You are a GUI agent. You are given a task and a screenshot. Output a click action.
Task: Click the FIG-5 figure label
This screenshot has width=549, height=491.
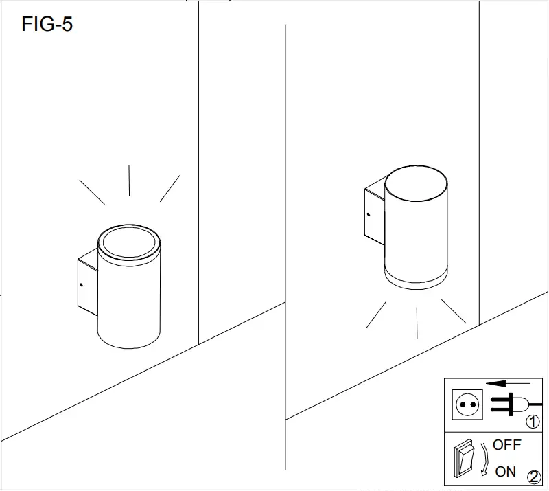(x=47, y=25)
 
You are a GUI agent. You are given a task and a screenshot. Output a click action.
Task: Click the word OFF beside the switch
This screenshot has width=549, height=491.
(x=507, y=445)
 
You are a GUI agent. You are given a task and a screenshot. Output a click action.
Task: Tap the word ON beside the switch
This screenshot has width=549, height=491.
(x=506, y=471)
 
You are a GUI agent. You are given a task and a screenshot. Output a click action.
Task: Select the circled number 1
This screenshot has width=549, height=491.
(x=533, y=421)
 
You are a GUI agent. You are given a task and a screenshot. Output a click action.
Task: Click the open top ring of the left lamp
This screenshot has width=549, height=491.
(x=130, y=243)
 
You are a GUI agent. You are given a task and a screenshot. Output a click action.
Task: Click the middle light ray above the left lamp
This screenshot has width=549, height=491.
(x=130, y=181)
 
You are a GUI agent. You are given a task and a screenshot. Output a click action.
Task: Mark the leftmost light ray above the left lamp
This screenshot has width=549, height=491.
(x=92, y=192)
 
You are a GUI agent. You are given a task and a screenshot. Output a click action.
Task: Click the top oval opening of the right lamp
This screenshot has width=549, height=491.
(x=416, y=184)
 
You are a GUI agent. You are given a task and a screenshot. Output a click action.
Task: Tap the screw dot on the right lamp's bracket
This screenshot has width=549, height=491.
(x=368, y=214)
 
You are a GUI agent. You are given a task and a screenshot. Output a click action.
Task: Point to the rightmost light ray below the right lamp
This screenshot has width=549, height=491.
(x=454, y=312)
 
